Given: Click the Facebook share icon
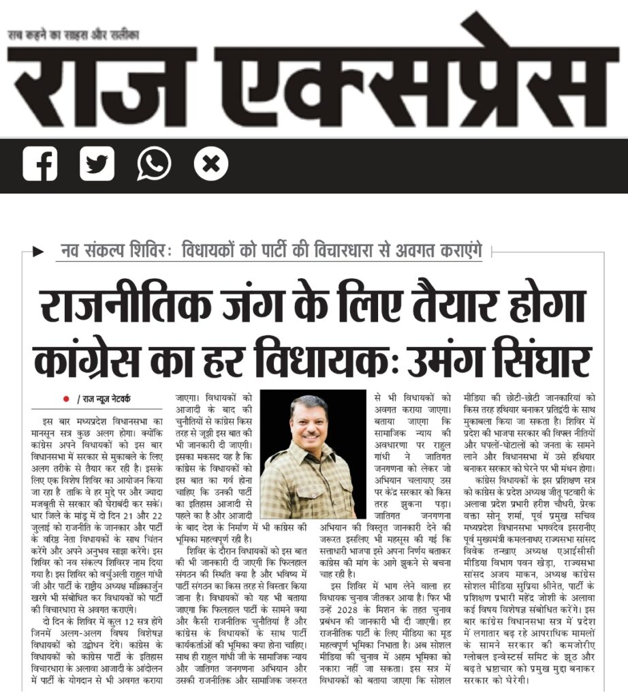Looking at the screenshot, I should click(40, 164).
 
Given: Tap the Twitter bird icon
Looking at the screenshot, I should click(97, 164).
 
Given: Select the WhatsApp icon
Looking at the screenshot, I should click(154, 164).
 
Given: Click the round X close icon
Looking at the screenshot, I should click(210, 164).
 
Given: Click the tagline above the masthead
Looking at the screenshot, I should click(73, 33).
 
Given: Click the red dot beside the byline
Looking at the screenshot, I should click(66, 399).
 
